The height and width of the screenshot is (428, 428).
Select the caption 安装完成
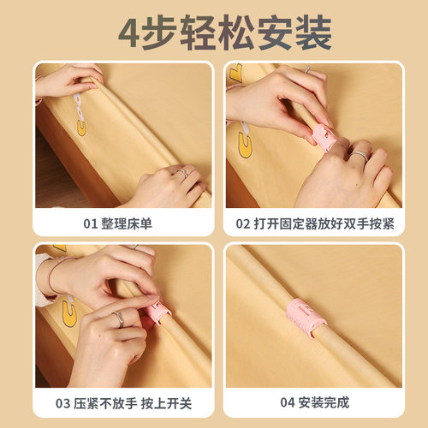[x=325, y=401]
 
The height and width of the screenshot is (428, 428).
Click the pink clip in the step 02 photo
[x=323, y=135]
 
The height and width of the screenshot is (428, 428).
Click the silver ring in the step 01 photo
[x=182, y=173]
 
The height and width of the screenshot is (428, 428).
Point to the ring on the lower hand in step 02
[x=360, y=156]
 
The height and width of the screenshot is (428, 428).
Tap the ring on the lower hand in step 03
[x=119, y=318]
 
